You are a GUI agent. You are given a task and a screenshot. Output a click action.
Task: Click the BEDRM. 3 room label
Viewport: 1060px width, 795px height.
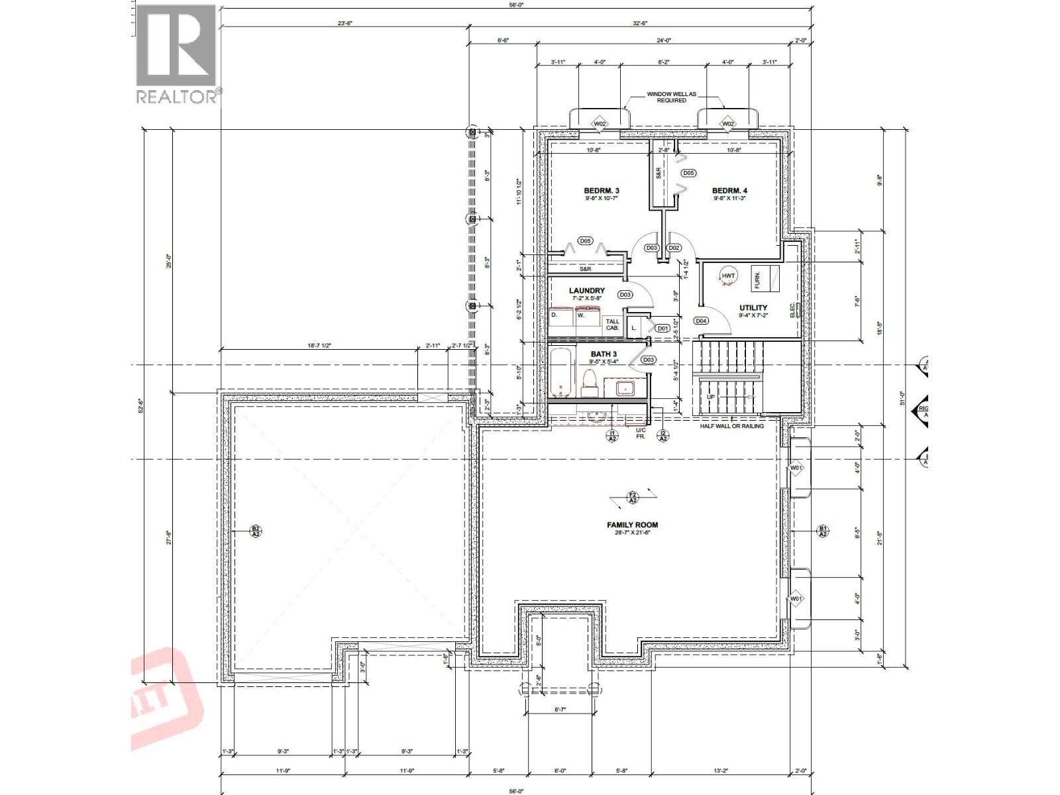point(601,191)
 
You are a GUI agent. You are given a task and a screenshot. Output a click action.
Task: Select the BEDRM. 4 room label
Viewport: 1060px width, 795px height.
point(730,191)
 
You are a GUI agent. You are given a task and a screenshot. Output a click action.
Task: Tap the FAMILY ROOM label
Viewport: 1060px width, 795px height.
point(632,525)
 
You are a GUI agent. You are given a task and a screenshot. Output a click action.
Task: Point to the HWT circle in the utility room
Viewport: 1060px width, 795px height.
point(728,276)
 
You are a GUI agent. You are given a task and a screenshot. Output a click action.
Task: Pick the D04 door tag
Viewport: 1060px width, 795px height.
point(702,321)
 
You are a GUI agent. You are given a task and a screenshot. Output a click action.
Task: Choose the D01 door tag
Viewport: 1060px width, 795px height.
point(662,328)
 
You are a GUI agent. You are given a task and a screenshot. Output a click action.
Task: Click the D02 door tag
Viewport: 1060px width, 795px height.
point(674,248)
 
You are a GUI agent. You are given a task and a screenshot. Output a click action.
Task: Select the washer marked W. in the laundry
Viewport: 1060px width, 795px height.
point(588,317)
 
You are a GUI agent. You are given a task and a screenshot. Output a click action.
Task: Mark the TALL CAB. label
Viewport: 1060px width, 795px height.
point(612,325)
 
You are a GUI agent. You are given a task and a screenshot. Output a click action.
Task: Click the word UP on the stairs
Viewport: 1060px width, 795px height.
point(711,397)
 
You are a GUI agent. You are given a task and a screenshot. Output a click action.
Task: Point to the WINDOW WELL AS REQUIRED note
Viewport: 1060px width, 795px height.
point(671,97)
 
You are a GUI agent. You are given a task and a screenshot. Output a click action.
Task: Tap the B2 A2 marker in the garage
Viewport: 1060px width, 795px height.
point(256,531)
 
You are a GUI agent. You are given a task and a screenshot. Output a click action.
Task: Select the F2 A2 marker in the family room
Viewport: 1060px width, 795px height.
point(632,497)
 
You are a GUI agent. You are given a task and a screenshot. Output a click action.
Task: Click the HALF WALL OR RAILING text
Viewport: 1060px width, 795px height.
point(731,426)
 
